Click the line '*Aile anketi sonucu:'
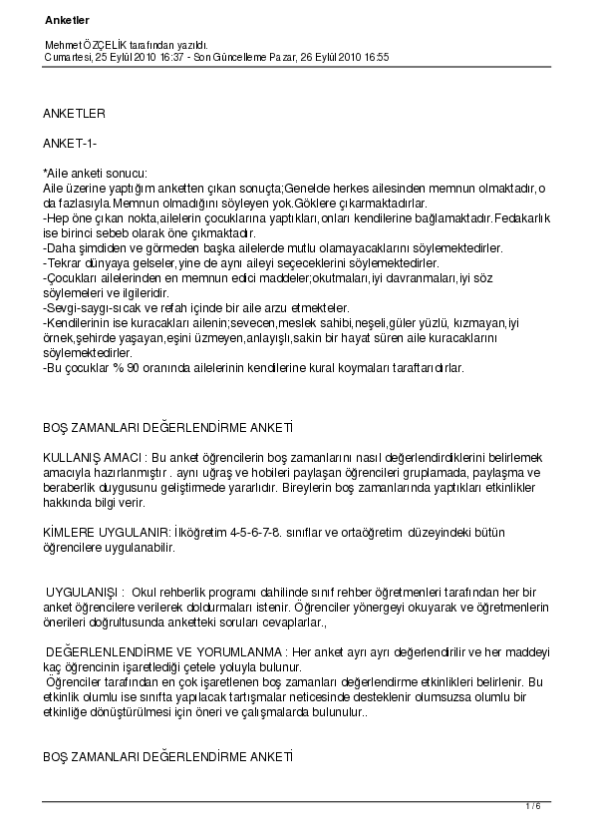click(95, 175)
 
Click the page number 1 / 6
click(532, 806)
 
